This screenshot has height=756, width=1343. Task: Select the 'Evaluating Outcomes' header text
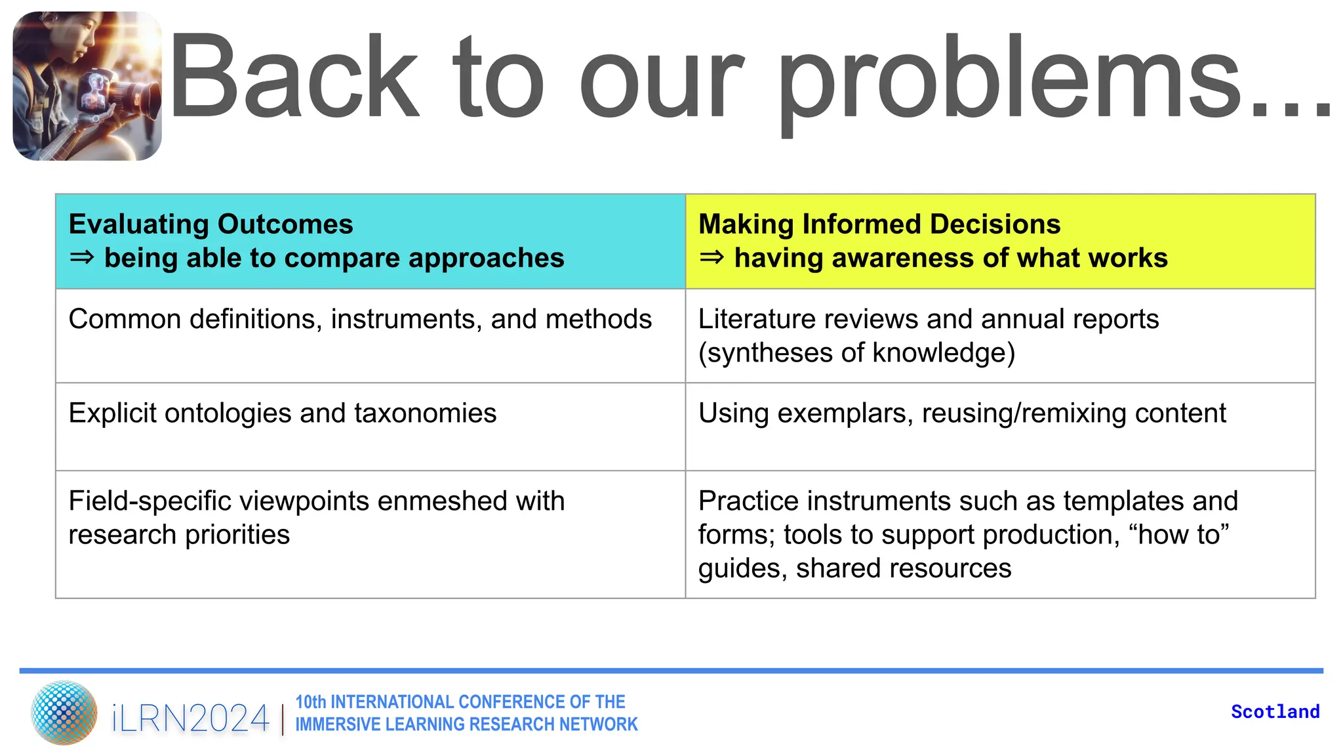210,224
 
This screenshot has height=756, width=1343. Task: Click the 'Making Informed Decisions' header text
879,224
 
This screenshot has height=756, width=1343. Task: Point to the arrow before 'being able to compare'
82,258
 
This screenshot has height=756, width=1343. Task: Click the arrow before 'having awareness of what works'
712,258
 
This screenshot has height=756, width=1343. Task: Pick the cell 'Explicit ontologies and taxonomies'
282,413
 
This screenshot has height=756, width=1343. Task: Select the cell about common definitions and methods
359,320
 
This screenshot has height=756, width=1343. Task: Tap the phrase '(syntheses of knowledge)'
856,353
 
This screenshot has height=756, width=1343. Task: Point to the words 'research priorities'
178,535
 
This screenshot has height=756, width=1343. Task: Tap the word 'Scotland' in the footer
1275,712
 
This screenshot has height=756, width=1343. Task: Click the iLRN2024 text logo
190,719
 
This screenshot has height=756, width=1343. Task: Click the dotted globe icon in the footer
64,713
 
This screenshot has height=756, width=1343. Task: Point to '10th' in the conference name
310,702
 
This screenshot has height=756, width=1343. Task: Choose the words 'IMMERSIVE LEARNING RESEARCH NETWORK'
466,724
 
